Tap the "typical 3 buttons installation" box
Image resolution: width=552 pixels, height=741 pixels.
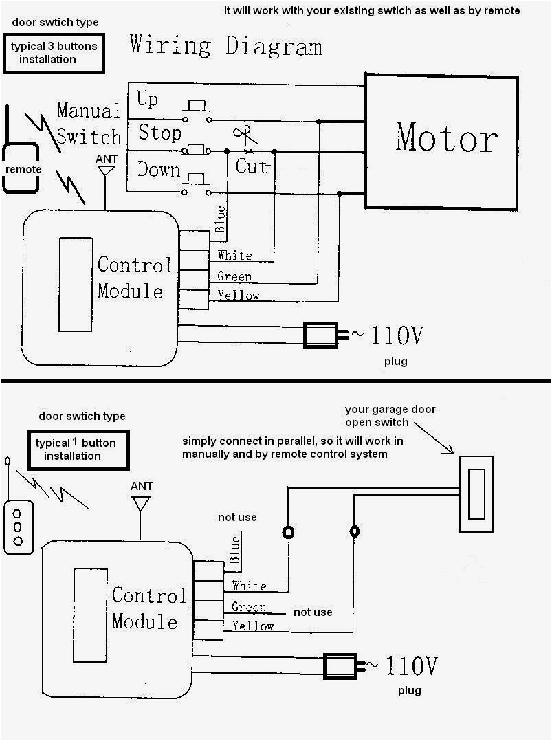(x=53, y=54)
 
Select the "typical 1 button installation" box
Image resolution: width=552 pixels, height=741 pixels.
(x=74, y=449)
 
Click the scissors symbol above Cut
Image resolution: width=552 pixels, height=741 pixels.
(x=243, y=134)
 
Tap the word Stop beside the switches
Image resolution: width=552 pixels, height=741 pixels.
(x=159, y=132)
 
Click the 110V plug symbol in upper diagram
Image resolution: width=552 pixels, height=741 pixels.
(x=324, y=335)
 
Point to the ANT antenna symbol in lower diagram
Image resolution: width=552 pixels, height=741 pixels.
(x=141, y=502)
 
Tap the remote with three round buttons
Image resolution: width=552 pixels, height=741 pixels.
(x=19, y=527)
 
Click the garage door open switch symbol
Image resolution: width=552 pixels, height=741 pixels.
(x=476, y=494)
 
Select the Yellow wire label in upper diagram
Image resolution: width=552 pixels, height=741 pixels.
(x=238, y=296)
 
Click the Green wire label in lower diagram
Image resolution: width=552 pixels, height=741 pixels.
(x=249, y=607)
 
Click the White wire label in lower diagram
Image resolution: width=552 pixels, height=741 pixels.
(x=249, y=586)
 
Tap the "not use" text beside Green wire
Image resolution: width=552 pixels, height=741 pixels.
(x=312, y=612)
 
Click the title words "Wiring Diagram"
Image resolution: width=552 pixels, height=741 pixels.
(x=225, y=46)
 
